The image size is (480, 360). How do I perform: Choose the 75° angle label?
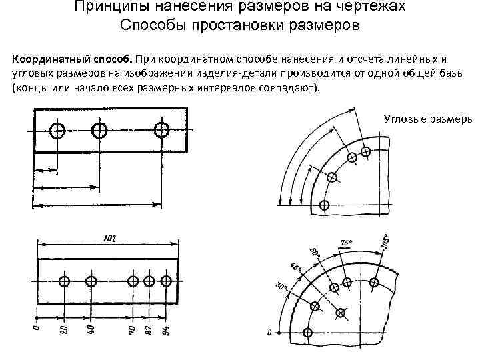pos(346,243)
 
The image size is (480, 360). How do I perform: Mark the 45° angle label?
pos(295,270)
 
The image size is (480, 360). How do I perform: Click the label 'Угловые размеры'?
pos(429,119)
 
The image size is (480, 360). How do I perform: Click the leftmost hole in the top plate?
pos(58,130)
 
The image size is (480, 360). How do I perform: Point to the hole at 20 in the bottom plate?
pos(65,281)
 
